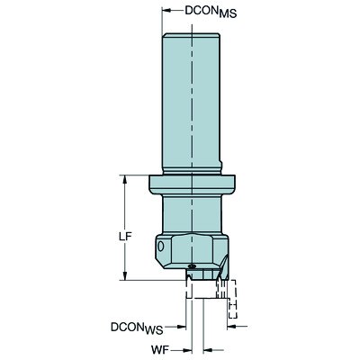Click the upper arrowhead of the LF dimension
[123, 178]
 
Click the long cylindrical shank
[192, 99]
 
